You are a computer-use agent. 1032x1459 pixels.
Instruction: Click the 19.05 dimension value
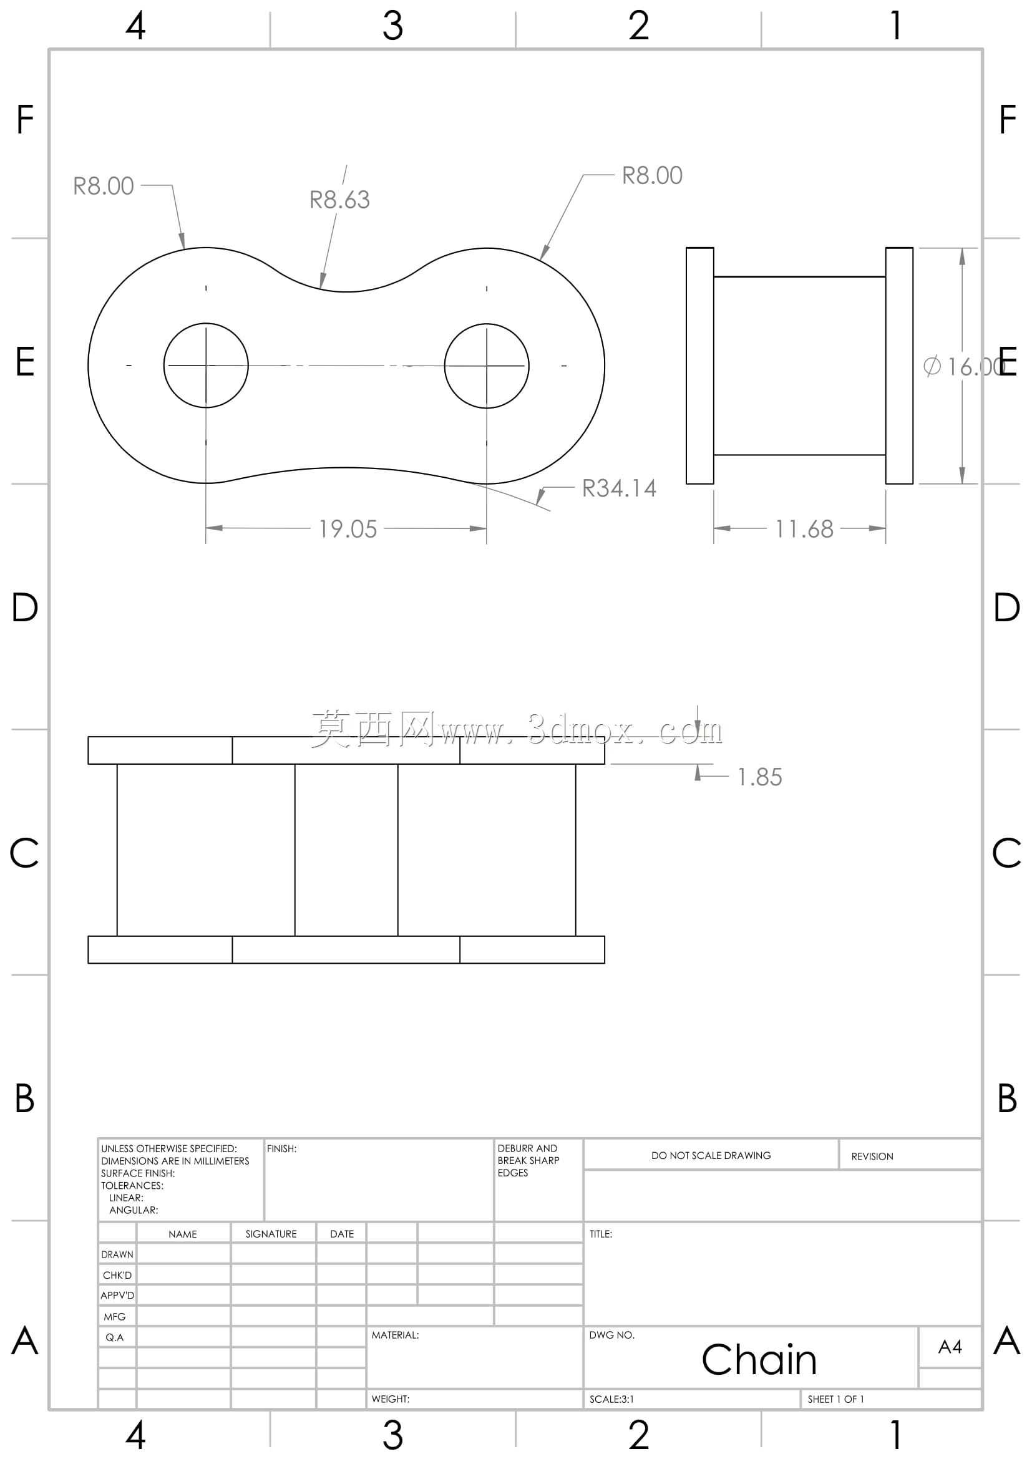[x=348, y=529]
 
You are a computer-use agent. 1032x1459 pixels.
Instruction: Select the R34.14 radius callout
[x=619, y=488]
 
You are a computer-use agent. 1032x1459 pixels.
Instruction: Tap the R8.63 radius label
[x=339, y=200]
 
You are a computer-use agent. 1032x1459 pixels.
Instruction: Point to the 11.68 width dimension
[x=804, y=529]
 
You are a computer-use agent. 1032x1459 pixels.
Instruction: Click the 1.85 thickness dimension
[x=759, y=777]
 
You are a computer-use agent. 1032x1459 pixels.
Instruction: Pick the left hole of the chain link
[x=206, y=324]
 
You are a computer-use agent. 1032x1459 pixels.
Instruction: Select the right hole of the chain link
[x=487, y=324]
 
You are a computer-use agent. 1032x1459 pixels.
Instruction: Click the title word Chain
[x=759, y=1360]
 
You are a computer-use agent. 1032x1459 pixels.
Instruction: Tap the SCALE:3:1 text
[x=611, y=1398]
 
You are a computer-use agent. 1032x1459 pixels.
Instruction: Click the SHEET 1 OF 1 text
[x=835, y=1398]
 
